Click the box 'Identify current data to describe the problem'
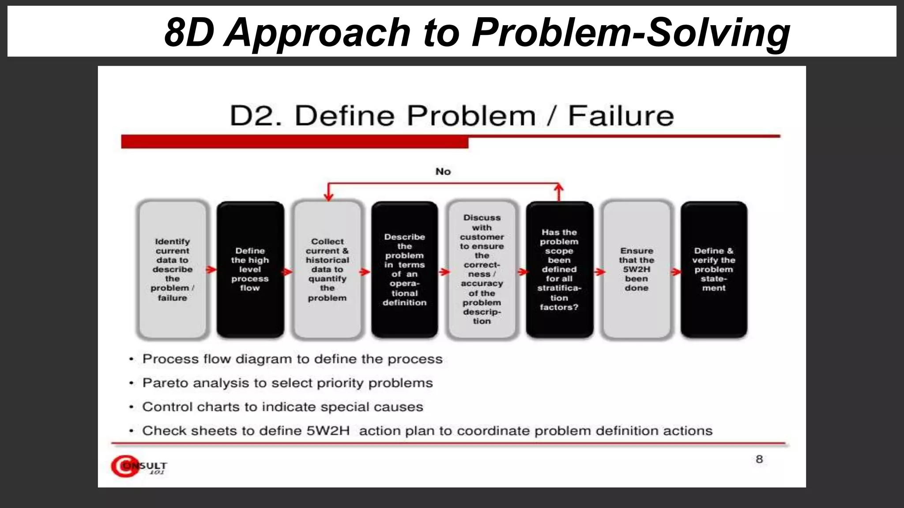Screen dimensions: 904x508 point(172,269)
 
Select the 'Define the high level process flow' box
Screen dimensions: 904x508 point(250,269)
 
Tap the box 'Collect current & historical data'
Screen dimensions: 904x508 point(327,269)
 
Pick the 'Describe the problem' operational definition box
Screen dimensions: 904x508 point(404,269)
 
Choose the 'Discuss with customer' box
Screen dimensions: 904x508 point(482,269)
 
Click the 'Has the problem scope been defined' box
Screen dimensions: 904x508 point(559,269)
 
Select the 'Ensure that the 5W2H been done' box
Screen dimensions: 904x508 point(636,269)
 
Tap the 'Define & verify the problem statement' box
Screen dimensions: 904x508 point(714,269)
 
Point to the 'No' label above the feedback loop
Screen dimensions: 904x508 point(443,172)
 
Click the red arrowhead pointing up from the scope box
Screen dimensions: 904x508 point(559,188)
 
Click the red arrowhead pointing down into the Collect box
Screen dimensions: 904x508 point(328,196)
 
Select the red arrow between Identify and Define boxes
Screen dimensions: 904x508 point(211,269)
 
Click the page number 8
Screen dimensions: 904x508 point(759,459)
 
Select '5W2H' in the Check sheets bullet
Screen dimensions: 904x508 point(328,430)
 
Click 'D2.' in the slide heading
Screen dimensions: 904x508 point(255,116)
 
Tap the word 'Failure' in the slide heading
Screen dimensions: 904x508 point(621,116)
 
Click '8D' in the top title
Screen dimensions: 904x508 point(189,32)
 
